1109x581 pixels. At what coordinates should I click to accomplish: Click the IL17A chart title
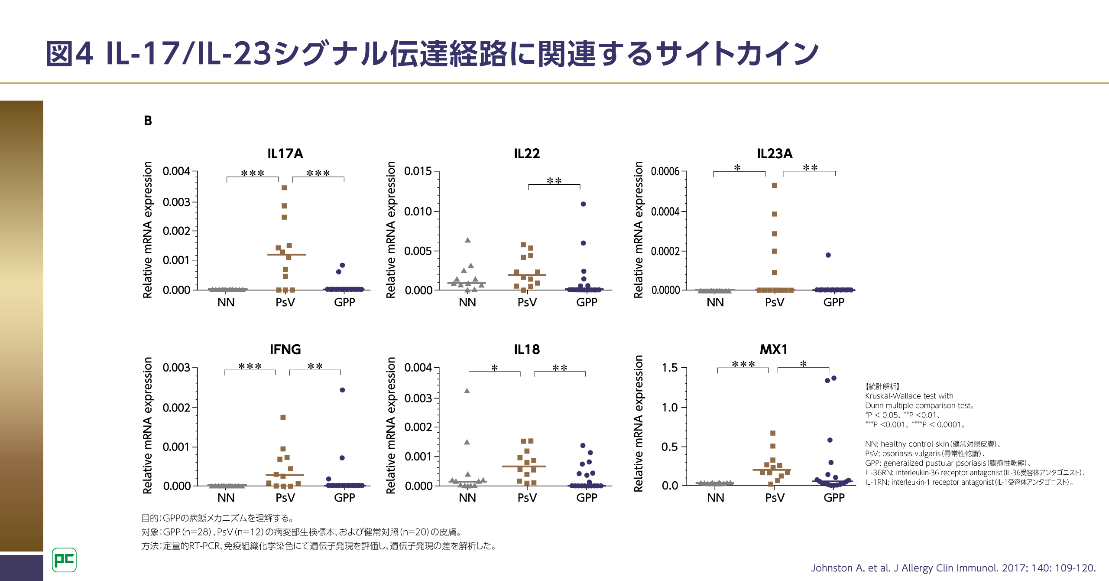(x=285, y=153)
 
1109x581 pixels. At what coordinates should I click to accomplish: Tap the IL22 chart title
(x=526, y=153)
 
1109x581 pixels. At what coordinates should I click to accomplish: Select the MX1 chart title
(x=774, y=349)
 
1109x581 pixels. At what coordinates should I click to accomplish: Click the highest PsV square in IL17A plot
(x=284, y=188)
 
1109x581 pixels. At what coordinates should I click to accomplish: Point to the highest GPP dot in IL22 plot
(x=583, y=204)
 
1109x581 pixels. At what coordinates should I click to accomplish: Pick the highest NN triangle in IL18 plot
(x=467, y=391)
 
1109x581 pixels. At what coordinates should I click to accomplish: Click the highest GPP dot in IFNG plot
(x=342, y=390)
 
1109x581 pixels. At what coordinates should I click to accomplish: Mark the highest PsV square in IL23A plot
(x=775, y=185)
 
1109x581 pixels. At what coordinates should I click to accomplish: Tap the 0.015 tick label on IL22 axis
(x=418, y=171)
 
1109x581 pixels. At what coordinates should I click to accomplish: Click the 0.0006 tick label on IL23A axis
(x=665, y=171)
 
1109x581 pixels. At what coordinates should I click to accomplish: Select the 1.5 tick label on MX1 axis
(x=669, y=368)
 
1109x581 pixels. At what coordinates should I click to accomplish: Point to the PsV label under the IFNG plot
(x=285, y=498)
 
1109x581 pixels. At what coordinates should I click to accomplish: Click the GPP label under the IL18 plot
(x=587, y=498)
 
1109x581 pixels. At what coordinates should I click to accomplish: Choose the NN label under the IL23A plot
(x=715, y=302)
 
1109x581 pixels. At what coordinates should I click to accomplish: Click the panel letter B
(x=148, y=121)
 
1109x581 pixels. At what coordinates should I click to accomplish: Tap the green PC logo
(x=64, y=560)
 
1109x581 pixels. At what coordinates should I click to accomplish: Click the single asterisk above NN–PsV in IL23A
(x=737, y=168)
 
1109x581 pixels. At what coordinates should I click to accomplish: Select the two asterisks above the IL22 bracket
(x=554, y=181)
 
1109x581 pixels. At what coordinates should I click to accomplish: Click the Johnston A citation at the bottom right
(x=953, y=568)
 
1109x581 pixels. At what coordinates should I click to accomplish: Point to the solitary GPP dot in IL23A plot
(x=828, y=255)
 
